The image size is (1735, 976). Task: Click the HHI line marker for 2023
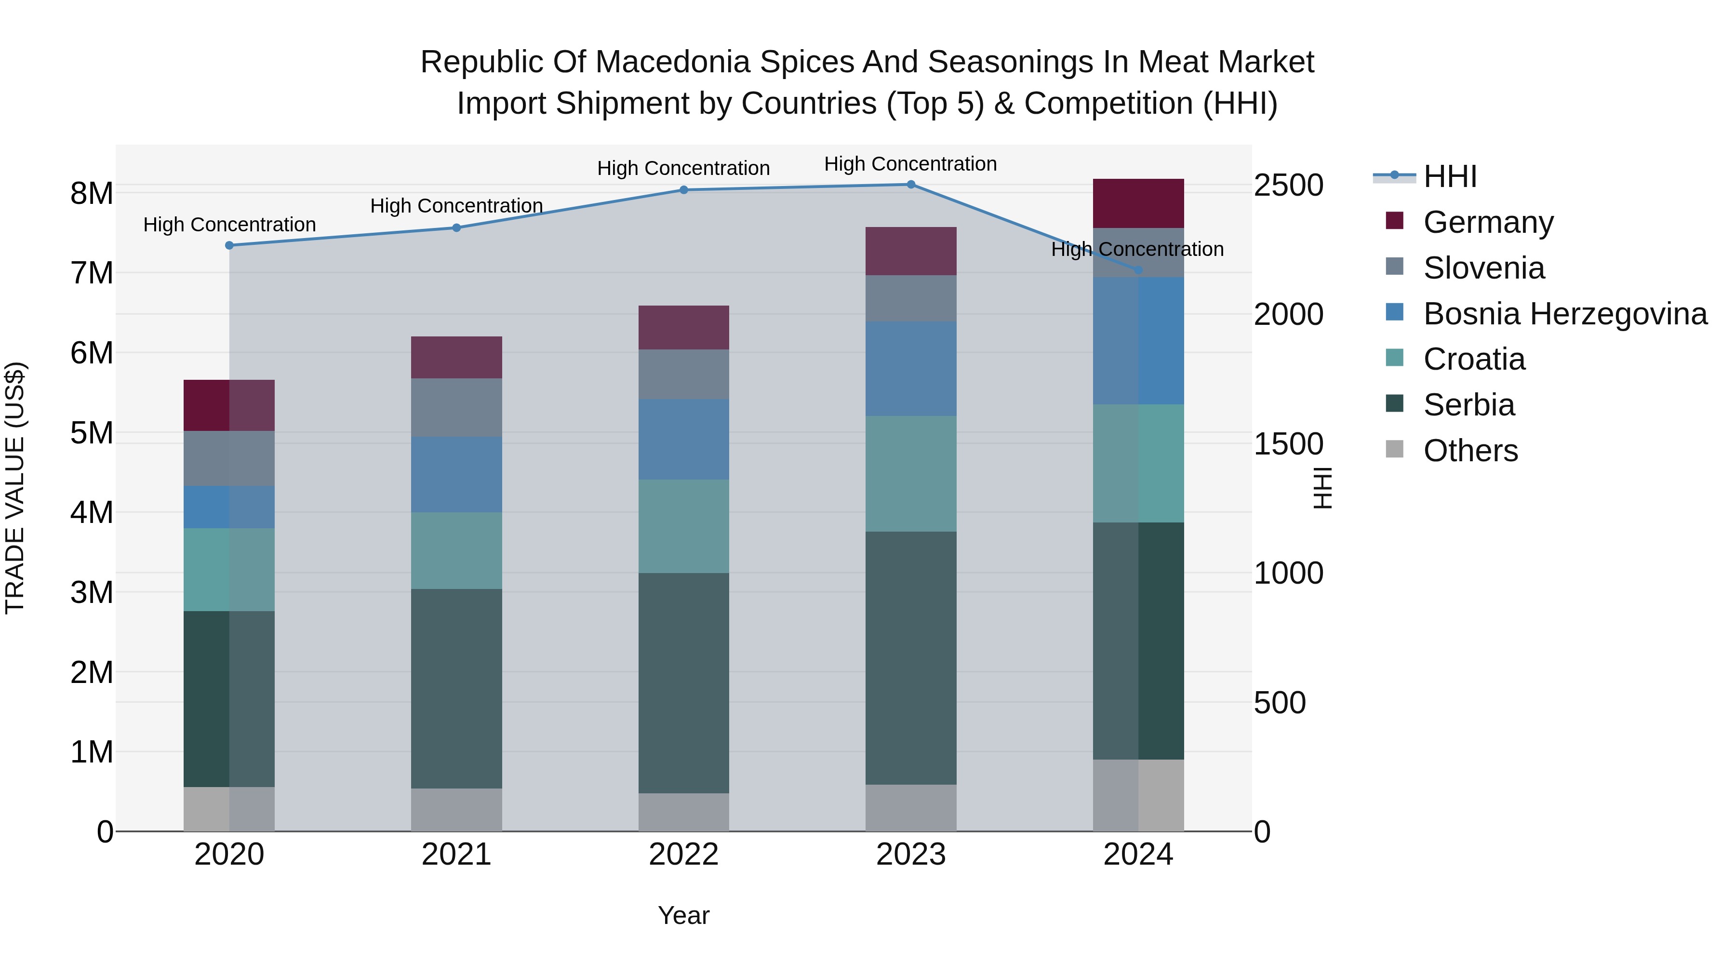(910, 185)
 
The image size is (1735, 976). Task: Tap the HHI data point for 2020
(229, 246)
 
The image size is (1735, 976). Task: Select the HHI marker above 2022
(683, 190)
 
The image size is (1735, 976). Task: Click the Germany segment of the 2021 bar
(457, 358)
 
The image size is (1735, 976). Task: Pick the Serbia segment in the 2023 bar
(910, 658)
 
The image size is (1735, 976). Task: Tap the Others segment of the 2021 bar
(457, 810)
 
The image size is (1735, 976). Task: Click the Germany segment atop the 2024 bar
(1138, 203)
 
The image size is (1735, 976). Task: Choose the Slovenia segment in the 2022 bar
(683, 374)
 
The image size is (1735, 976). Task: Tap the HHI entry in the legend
(1425, 176)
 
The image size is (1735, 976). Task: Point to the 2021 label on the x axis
(457, 855)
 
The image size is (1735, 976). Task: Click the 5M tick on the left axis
(92, 433)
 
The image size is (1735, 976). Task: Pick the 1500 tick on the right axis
(1288, 444)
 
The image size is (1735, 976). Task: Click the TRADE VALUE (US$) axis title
(15, 488)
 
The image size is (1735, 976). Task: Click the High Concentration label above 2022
(683, 168)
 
